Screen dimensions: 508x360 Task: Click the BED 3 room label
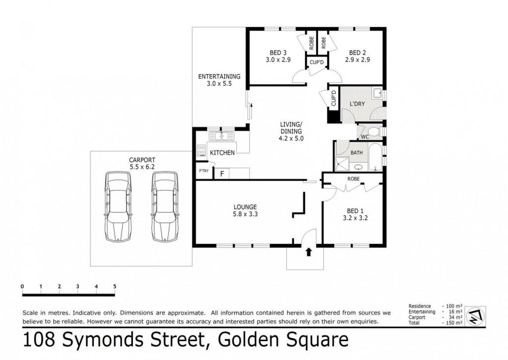tap(278, 53)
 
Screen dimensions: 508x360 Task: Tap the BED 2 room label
tap(357, 53)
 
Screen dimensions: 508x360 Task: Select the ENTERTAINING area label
tap(219, 76)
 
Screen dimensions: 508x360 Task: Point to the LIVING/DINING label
tap(291, 128)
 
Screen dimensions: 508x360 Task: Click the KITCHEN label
tap(222, 153)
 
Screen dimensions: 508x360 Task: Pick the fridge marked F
tap(222, 174)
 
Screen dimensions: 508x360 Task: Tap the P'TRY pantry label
tap(204, 171)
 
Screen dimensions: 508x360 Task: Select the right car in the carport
tap(165, 207)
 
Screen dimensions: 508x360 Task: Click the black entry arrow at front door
tap(309, 252)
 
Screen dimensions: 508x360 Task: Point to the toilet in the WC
tap(374, 132)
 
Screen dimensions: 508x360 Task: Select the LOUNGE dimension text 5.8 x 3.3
tap(245, 214)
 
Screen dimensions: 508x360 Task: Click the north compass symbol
tap(475, 316)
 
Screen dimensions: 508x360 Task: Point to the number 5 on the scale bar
tap(115, 287)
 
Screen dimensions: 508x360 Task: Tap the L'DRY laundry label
tap(357, 104)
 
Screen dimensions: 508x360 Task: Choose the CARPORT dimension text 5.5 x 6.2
tap(142, 167)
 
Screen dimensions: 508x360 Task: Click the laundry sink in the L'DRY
tap(378, 93)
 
